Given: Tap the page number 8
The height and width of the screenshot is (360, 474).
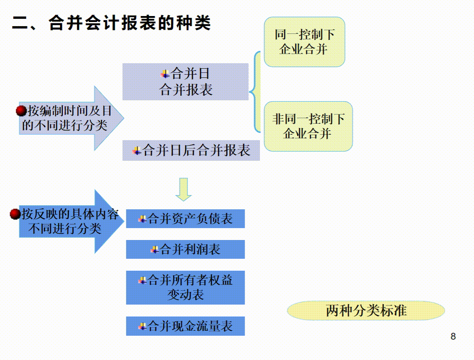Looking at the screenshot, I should [453, 337].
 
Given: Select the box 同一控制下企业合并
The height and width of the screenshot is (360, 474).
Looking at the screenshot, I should [304, 42].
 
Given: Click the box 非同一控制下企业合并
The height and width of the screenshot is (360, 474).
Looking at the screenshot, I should [308, 126].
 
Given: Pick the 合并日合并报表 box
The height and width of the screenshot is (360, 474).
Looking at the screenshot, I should [185, 82].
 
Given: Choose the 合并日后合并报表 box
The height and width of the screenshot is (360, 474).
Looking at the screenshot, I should [191, 151].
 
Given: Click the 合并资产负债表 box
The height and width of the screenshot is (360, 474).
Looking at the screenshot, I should [185, 219].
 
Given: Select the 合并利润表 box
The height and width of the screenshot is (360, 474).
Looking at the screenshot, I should [185, 249].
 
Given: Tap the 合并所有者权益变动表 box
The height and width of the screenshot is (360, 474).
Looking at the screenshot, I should [185, 287].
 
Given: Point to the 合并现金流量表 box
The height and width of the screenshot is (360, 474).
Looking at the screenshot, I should [185, 326].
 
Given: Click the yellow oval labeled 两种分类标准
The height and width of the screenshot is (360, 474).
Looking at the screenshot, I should [366, 311].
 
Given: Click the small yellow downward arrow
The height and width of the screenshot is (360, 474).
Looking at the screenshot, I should [183, 189].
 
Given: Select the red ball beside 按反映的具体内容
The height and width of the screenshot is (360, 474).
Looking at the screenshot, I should [15, 214].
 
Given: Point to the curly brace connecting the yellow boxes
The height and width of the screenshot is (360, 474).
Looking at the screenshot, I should [255, 92].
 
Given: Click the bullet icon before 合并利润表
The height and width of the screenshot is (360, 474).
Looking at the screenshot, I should [154, 250].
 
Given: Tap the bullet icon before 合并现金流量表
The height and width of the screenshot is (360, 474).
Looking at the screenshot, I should [143, 326].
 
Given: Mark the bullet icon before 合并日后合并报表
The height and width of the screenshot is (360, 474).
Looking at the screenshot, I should [137, 151].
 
